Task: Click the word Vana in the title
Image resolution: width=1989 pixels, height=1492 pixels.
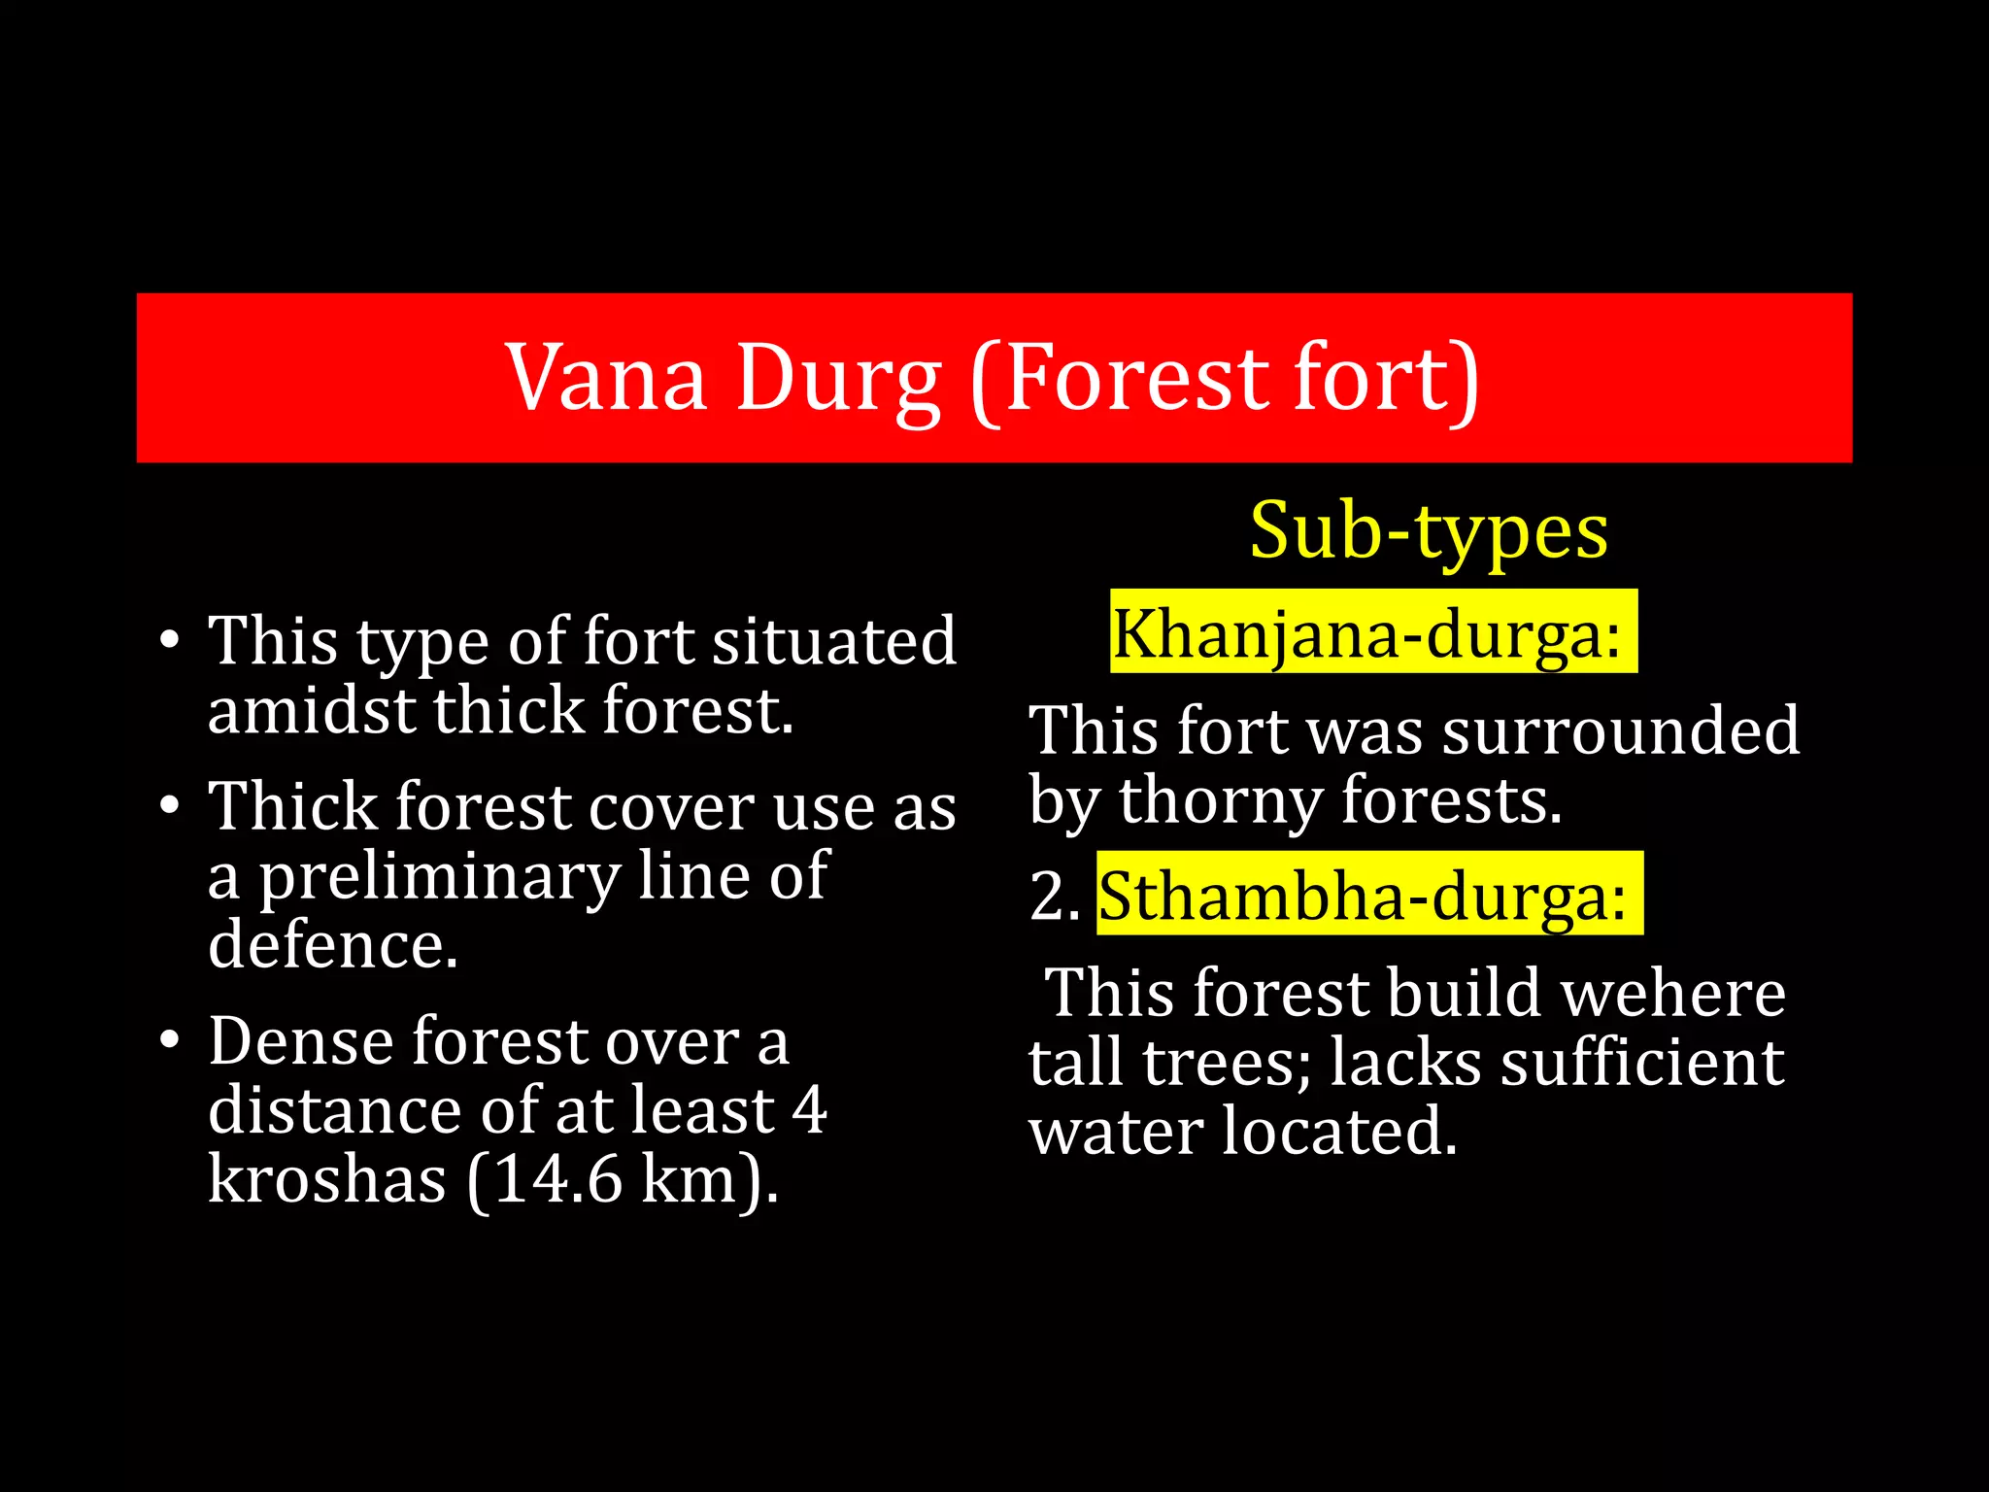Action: [x=606, y=379]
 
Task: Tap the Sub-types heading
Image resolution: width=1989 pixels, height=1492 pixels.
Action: [x=1428, y=531]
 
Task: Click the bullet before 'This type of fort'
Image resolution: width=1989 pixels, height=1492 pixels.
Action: [x=170, y=641]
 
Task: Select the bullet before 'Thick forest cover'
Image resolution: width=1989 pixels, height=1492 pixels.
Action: [x=170, y=806]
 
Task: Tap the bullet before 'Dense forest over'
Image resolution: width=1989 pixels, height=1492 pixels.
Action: [x=170, y=1040]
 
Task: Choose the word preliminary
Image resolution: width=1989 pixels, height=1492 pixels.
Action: [x=439, y=876]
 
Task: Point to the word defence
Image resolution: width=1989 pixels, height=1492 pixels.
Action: [x=332, y=945]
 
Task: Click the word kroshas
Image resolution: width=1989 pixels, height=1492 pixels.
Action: [x=326, y=1179]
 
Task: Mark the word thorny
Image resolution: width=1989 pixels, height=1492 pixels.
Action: [x=1220, y=801]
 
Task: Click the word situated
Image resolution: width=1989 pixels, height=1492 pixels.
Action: [x=834, y=641]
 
